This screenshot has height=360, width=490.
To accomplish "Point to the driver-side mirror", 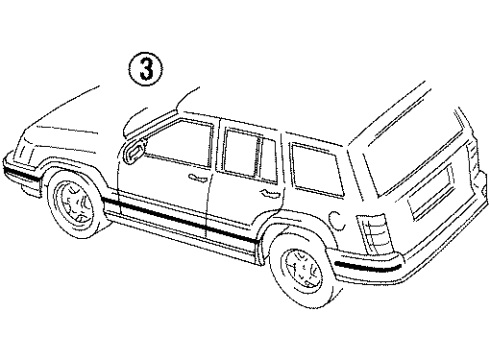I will tap(132, 151).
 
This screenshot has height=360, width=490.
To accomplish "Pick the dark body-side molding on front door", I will tap(160, 214).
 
